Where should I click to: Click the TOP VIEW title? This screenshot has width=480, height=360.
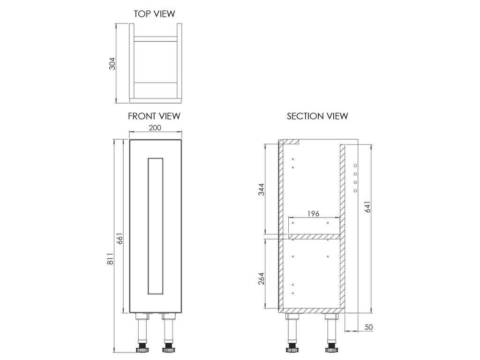154,14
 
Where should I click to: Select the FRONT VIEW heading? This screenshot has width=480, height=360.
154,116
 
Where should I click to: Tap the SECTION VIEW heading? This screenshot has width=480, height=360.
317,116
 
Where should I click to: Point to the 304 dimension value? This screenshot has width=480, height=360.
112,64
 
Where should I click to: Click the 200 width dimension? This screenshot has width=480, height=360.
155,127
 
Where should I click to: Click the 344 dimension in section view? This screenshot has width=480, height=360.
261,190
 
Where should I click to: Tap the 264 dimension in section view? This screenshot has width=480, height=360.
261,278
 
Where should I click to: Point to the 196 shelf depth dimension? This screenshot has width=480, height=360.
313,213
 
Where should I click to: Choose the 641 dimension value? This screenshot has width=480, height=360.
367,207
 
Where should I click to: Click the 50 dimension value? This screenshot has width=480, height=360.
368,327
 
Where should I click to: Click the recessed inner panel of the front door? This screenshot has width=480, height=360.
155,226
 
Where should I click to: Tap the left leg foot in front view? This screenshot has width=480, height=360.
142,349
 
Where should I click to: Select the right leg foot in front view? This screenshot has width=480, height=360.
169,349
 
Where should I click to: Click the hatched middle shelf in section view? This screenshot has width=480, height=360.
314,237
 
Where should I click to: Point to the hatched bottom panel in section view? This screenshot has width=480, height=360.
312,310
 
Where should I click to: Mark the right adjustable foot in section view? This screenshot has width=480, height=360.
331,349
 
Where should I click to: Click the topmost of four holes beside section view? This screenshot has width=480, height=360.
355,165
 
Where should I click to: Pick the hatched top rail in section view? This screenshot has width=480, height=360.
290,142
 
